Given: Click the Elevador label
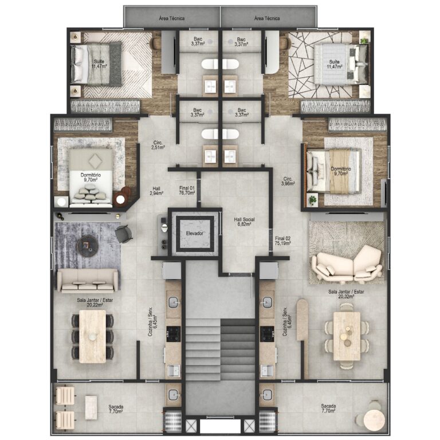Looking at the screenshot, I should click(195, 233).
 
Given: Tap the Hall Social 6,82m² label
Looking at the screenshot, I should click(244, 222).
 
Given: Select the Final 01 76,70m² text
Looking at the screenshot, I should click(187, 190).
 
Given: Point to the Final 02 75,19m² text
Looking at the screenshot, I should click(283, 241).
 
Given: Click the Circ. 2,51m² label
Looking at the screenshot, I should click(158, 145).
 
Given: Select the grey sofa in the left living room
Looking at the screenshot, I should click(87, 280).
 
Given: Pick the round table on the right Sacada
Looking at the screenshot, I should click(374, 419).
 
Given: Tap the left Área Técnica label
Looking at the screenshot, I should click(171, 18).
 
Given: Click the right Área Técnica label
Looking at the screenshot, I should click(267, 18).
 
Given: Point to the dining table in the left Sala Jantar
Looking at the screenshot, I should click(92, 336).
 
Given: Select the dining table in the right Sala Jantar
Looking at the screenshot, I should click(347, 336).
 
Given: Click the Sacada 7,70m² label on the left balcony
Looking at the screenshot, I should click(116, 408).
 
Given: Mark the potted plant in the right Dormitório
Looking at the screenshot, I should click(313, 200).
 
